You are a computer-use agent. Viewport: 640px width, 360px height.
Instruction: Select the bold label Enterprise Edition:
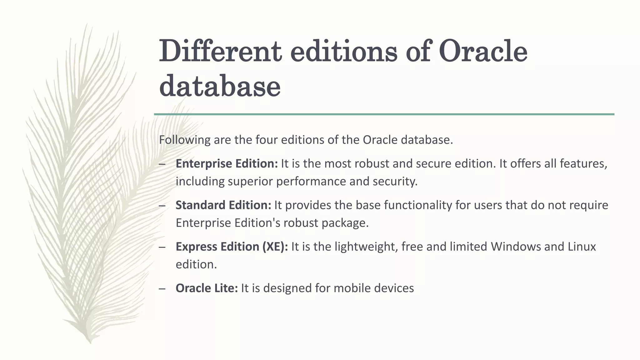coord(227,164)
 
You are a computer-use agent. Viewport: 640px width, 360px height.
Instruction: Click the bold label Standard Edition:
coord(223,205)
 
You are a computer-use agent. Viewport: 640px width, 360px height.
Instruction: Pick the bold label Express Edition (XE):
coord(232,247)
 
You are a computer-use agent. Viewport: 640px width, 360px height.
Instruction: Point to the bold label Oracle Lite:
coord(207,288)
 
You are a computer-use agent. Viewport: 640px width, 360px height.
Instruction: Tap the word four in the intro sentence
coord(267,140)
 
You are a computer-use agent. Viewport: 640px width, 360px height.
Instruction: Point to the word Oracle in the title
coord(483,52)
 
